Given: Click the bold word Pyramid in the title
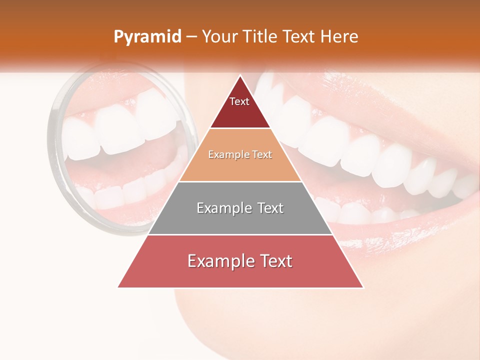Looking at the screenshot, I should [x=147, y=37].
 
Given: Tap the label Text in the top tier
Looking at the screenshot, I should [x=239, y=101].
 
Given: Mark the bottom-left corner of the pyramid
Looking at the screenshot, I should [x=118, y=287].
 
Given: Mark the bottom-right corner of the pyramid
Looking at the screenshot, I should [x=363, y=287].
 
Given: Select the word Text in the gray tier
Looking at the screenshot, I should [x=268, y=208].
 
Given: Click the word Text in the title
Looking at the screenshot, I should [x=299, y=37].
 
